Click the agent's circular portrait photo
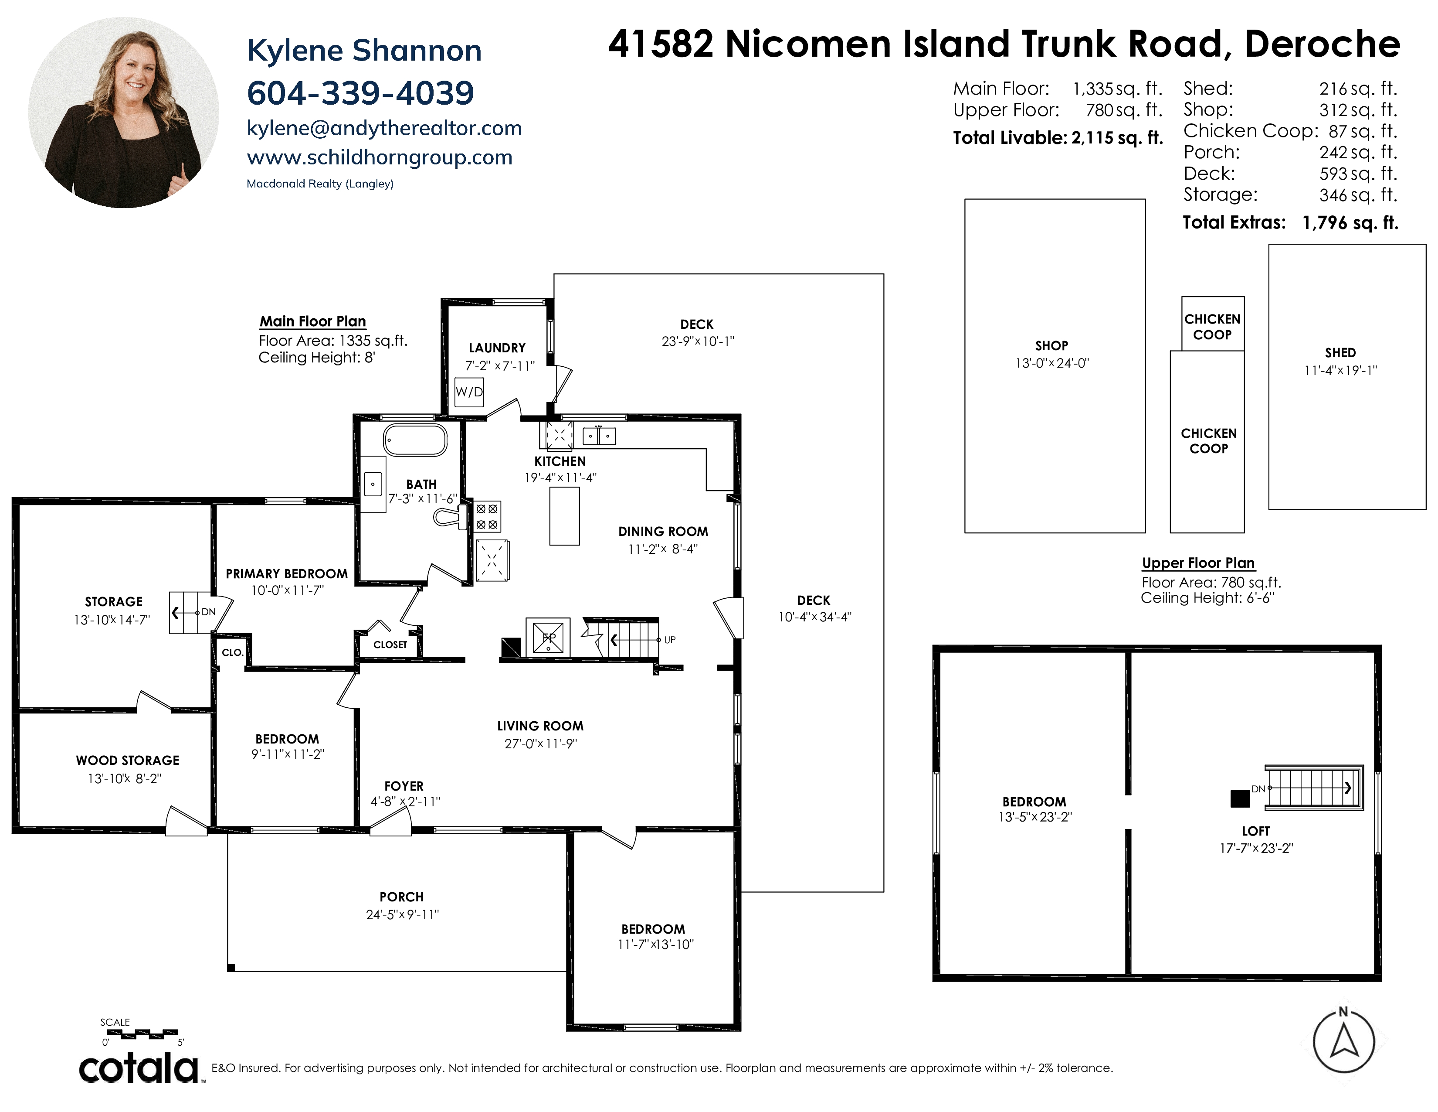click(124, 113)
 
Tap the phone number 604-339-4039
click(360, 93)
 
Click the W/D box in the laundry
click(469, 392)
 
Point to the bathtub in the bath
click(415, 440)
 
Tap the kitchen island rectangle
click(564, 516)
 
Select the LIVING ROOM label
click(540, 726)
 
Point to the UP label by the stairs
click(670, 640)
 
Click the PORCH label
click(402, 897)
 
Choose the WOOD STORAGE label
click(128, 760)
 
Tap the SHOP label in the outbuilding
click(1051, 345)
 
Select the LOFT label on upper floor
click(1255, 831)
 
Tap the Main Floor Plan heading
click(313, 321)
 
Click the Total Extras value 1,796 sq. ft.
click(1350, 223)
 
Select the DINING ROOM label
click(663, 532)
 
